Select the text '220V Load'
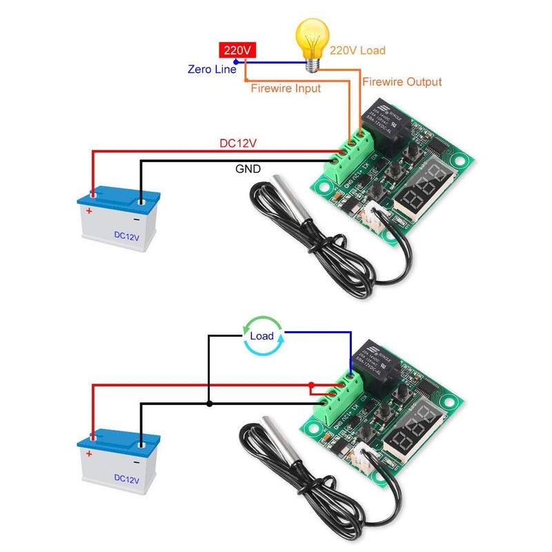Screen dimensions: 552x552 (x=357, y=50)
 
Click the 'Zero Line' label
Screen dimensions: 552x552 (x=212, y=70)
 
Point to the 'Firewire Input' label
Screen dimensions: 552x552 (x=286, y=88)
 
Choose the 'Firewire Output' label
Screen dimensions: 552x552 (x=402, y=82)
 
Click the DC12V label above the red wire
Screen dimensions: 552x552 (x=238, y=144)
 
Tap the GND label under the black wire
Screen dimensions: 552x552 (x=248, y=168)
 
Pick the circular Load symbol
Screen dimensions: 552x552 (x=262, y=337)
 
